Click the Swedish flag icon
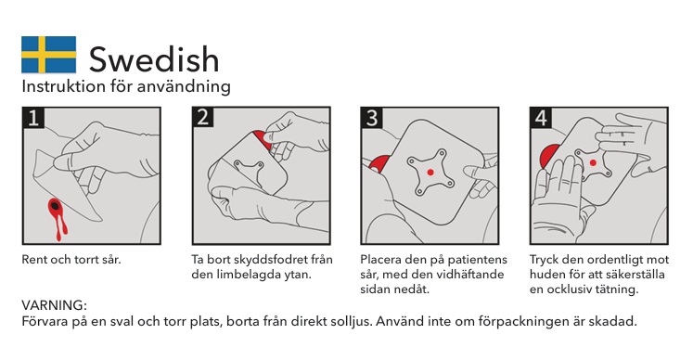(x=48, y=55)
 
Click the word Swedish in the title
(x=154, y=59)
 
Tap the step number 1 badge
(x=33, y=118)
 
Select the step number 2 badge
(x=203, y=117)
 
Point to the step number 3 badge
(x=372, y=118)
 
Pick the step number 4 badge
(x=541, y=118)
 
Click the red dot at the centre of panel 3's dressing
(x=430, y=172)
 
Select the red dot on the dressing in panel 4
(x=593, y=162)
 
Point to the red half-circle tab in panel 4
(x=548, y=158)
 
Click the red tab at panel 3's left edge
(x=379, y=163)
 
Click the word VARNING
(x=54, y=305)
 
